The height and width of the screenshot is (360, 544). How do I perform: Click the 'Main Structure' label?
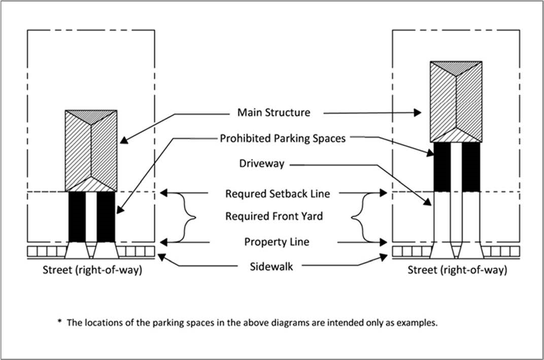coord(274,112)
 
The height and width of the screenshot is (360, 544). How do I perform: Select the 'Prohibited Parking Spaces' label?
coord(282,138)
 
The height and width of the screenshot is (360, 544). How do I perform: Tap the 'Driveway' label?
coord(261,165)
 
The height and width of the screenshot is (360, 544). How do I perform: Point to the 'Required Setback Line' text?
coord(278,193)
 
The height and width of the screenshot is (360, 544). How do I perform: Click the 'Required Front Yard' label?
coord(274,217)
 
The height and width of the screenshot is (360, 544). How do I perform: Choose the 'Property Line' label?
coord(277,242)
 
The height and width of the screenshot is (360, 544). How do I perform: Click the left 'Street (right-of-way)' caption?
coord(92,270)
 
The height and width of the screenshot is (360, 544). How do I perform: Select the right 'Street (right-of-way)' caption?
coord(457,270)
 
